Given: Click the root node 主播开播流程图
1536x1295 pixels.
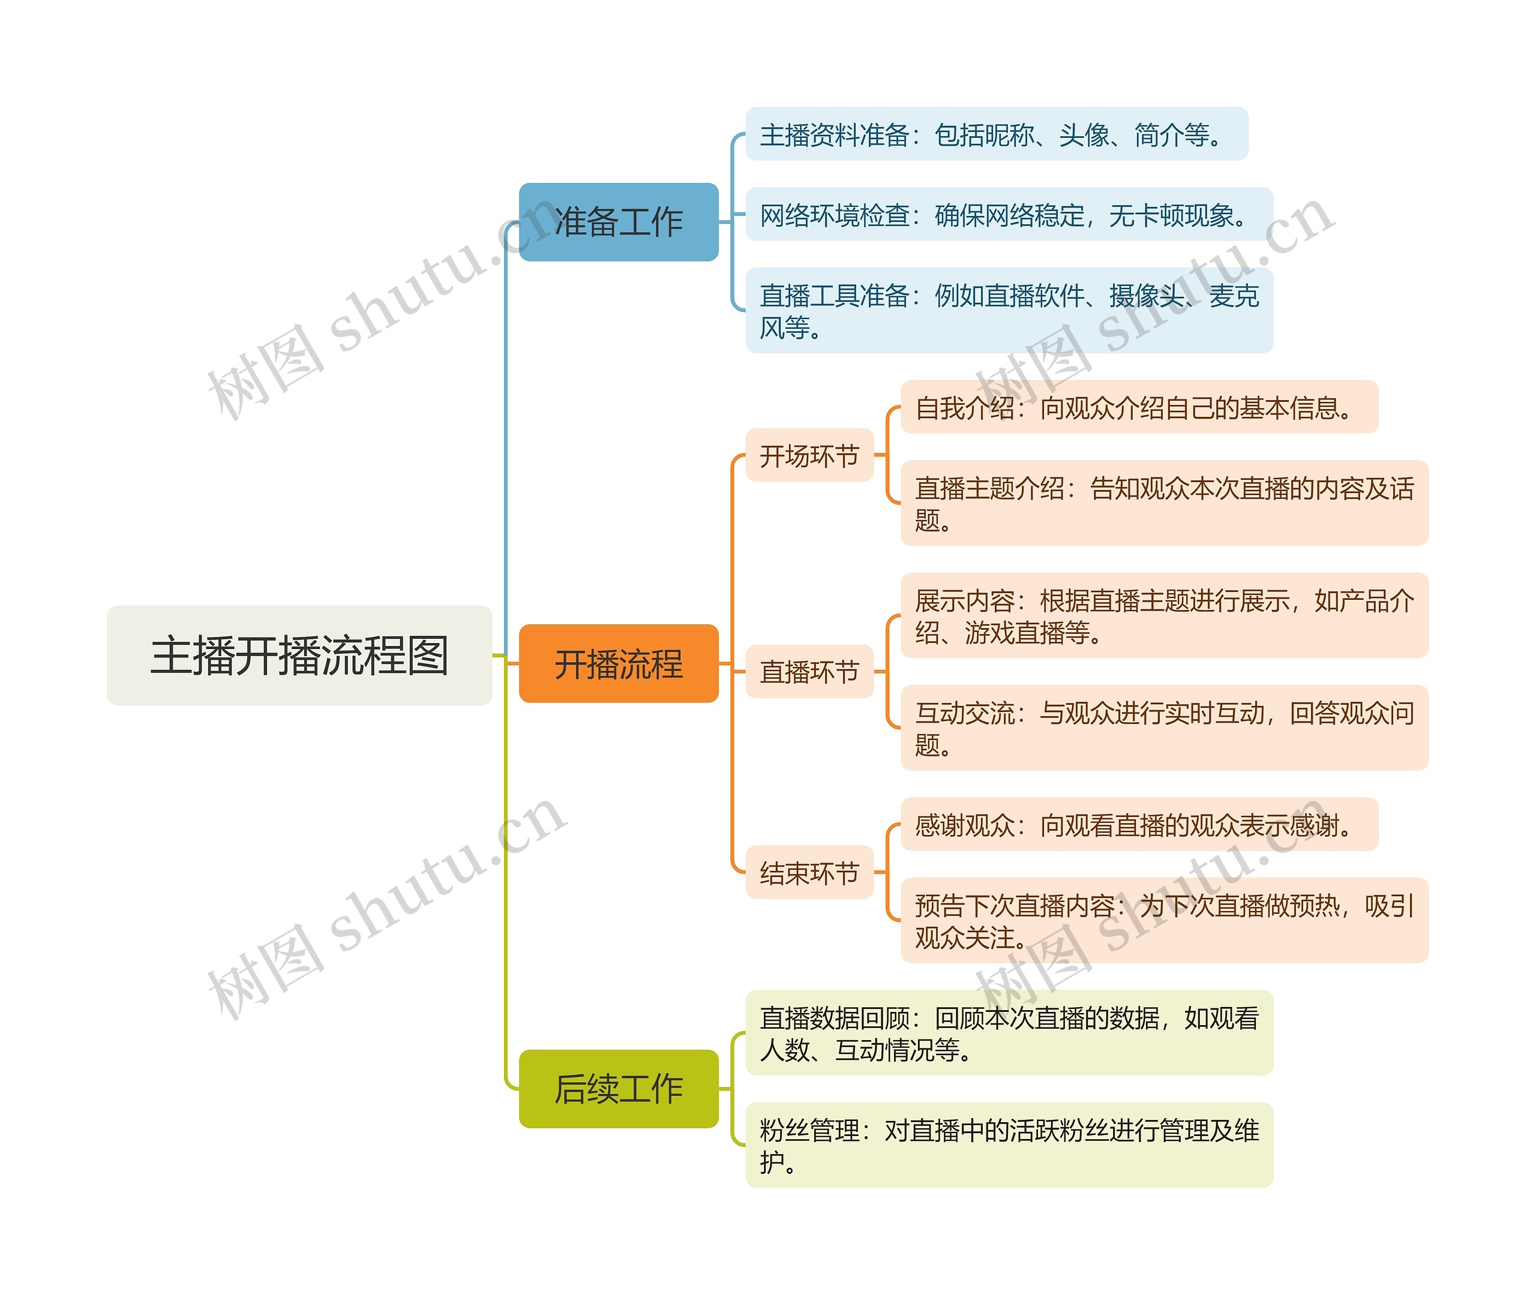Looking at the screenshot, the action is [299, 655].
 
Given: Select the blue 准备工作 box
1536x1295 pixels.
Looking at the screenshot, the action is [618, 222].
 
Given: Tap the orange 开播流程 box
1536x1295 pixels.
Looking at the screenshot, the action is [618, 663].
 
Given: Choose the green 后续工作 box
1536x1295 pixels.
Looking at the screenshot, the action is [618, 1088].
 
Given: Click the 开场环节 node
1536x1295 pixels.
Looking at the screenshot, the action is [809, 455].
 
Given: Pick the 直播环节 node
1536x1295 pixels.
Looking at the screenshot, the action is [809, 671].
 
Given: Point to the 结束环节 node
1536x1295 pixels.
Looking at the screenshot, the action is [809, 872].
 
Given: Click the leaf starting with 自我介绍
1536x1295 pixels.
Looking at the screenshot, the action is [1139, 407].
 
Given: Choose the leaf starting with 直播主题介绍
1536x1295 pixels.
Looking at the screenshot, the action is [1164, 503].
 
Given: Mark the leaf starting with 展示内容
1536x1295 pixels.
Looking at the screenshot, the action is [1164, 615].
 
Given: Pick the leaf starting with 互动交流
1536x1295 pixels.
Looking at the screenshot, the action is [1164, 728].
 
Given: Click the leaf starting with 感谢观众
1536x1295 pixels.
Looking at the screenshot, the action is [1139, 824].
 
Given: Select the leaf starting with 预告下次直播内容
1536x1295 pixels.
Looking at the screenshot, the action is [1164, 920].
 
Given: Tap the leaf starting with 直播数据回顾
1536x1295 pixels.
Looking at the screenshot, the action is [1009, 1033].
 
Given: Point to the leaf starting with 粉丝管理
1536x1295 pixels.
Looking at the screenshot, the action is [1009, 1145].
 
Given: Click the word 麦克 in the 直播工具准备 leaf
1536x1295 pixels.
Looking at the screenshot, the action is [1234, 295].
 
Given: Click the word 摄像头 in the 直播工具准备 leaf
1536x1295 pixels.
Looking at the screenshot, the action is [1147, 295].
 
